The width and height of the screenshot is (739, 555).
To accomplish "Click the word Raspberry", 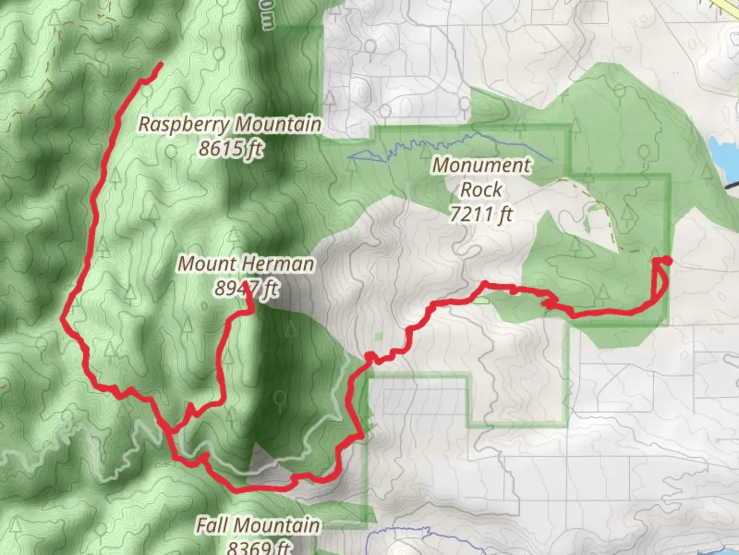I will pos(184,125).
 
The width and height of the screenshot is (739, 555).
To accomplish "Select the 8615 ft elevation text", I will pos(230,149).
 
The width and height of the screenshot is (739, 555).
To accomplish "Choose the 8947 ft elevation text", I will pos(246,288).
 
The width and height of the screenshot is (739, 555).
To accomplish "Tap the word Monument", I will pos(481,165).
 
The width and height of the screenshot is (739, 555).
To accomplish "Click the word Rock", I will pos(481,190).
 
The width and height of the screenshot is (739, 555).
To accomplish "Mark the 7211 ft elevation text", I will pos(481,213).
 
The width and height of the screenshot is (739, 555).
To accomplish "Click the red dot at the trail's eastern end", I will pos(667,261).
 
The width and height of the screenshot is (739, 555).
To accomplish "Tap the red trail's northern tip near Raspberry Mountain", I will pos(161,64).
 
